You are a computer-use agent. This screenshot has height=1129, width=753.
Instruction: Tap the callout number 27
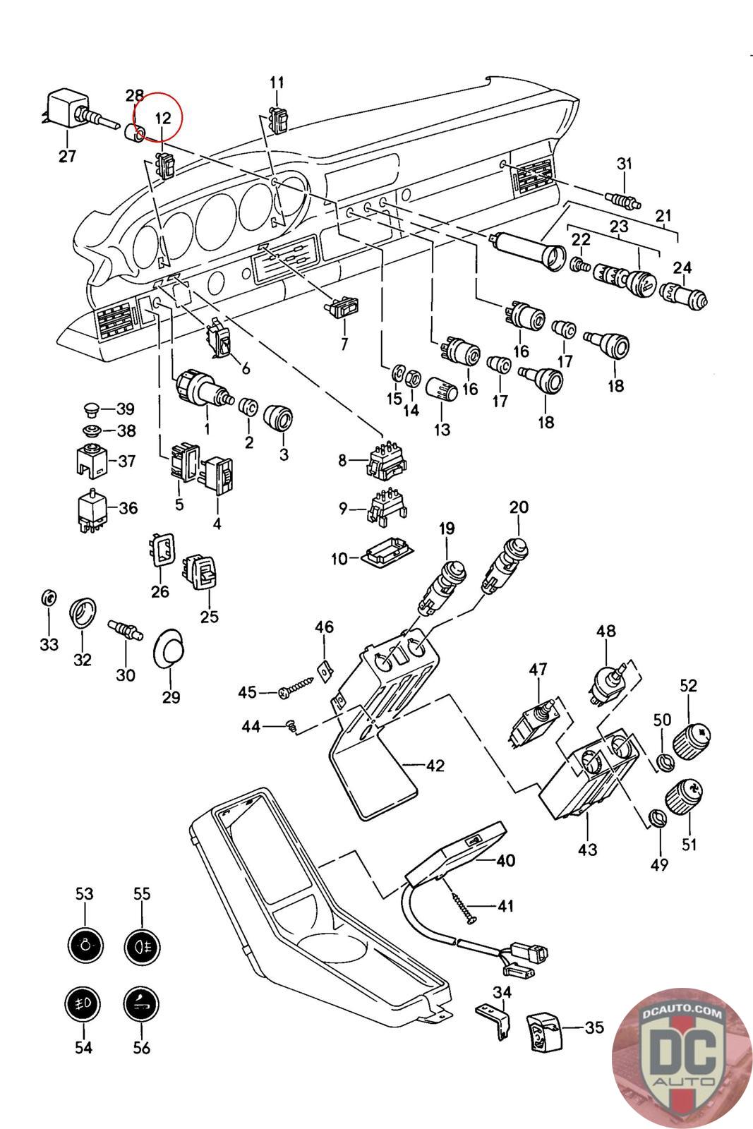(x=66, y=156)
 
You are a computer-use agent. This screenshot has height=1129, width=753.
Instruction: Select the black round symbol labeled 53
(x=84, y=943)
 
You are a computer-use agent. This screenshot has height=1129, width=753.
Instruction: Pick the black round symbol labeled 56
(x=141, y=1003)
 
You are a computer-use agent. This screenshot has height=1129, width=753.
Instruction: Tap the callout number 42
(x=435, y=765)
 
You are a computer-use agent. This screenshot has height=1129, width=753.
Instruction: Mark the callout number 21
(x=663, y=216)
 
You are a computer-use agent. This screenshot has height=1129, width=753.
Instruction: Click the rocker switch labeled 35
(x=545, y=1032)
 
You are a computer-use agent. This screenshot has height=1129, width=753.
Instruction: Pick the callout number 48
(x=606, y=630)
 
